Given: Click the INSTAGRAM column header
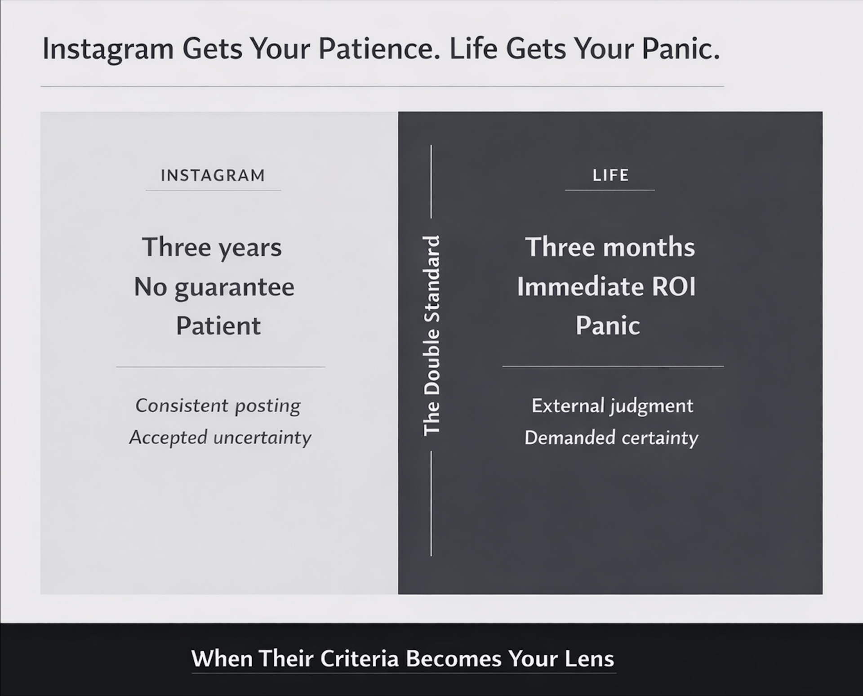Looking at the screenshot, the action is pyautogui.click(x=213, y=175).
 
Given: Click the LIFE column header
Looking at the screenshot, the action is pyautogui.click(x=610, y=175).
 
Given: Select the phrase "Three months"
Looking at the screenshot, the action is pyautogui.click(x=610, y=247).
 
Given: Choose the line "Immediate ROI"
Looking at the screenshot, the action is pyautogui.click(x=606, y=286).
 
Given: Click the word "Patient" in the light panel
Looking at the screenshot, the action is pyautogui.click(x=218, y=326).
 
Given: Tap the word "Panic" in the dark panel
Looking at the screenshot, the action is pyautogui.click(x=608, y=325).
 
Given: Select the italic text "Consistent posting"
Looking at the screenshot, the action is pyautogui.click(x=218, y=406).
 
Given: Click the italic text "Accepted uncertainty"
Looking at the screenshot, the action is pyautogui.click(x=220, y=437).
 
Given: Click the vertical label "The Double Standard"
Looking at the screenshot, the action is pyautogui.click(x=431, y=335).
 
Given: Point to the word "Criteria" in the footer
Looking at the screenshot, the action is pyautogui.click(x=360, y=659).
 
